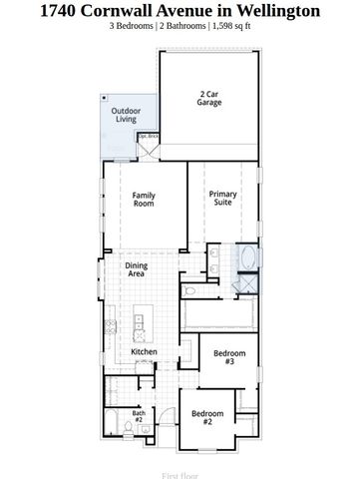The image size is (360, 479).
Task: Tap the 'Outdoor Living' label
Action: click(x=126, y=115)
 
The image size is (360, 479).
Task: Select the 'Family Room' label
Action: click(x=145, y=200)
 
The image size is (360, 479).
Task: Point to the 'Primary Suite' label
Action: click(x=222, y=199)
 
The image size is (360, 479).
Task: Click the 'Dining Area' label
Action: click(x=137, y=269)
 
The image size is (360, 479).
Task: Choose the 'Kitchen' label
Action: click(x=145, y=352)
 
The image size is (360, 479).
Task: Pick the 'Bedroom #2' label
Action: click(x=208, y=417)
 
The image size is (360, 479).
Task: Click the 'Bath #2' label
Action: click(x=139, y=416)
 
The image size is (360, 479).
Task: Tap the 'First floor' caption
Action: click(x=180, y=476)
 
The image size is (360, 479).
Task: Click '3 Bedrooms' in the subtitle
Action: click(x=134, y=28)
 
